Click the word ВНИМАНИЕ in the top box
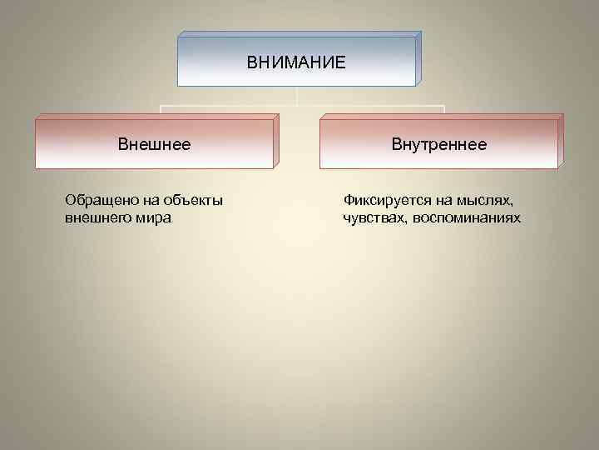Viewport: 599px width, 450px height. pos(295,62)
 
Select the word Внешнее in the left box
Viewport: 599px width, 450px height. pos(154,144)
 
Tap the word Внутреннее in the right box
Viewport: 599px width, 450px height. pos(439,144)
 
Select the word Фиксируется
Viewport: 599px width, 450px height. pos(383,201)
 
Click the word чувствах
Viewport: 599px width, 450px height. pos(371,217)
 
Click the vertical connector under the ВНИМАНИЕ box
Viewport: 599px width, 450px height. pos(297,95)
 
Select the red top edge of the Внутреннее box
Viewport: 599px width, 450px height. pos(441,116)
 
